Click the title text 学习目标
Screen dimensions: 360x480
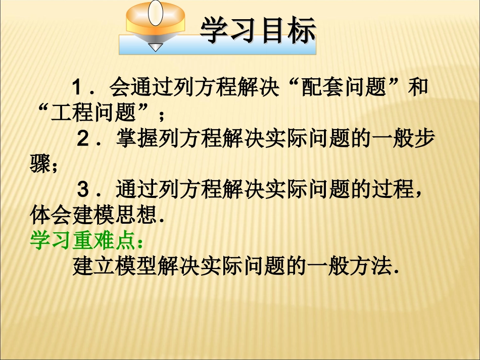point(258,31)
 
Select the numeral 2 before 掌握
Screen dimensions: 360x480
point(83,138)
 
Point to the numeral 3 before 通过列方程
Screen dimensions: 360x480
point(83,190)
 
